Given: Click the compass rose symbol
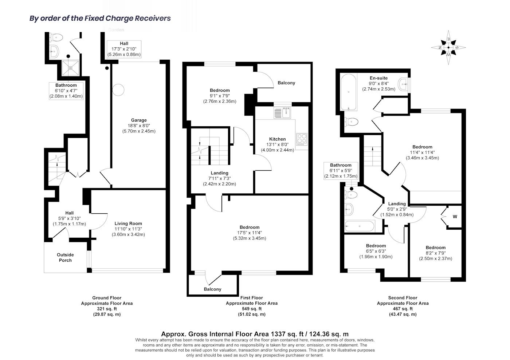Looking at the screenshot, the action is click(448, 48).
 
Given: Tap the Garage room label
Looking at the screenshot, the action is click(139, 120).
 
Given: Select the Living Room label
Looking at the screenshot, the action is click(128, 223).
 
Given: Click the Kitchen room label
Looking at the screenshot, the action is click(277, 139).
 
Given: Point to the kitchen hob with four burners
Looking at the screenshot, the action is click(302, 139).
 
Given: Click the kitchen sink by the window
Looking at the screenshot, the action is click(282, 113).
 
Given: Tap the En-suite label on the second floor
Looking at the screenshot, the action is click(378, 78).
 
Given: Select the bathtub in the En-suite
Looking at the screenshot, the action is click(348, 92).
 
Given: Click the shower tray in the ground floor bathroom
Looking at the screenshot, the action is click(71, 68).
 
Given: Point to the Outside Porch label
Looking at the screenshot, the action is click(65, 257).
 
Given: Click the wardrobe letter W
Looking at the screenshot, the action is click(455, 217).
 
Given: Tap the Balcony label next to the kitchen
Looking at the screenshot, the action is click(286, 83).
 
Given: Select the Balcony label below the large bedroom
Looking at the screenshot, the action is click(212, 289).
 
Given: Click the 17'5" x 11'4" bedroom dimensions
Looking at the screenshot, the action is click(249, 233).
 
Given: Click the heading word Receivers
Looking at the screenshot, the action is click(153, 18).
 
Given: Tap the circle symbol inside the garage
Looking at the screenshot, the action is click(118, 90).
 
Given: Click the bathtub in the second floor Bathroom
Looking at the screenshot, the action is click(359, 226).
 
